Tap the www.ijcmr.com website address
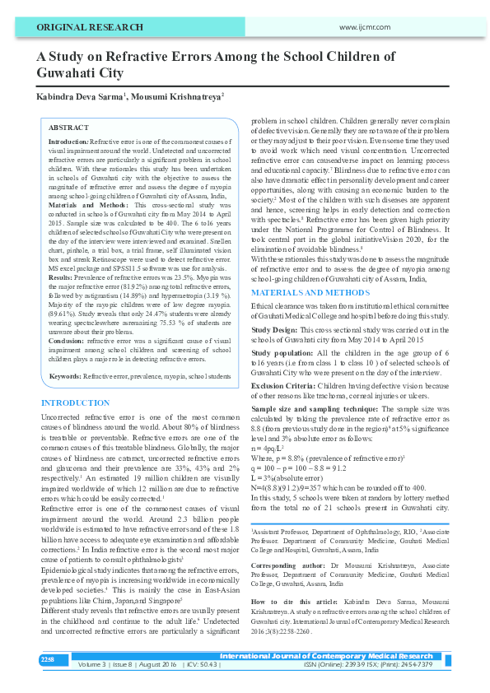(364, 27)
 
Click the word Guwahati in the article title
(68, 72)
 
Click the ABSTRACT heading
(68, 128)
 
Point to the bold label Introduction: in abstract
(68, 142)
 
